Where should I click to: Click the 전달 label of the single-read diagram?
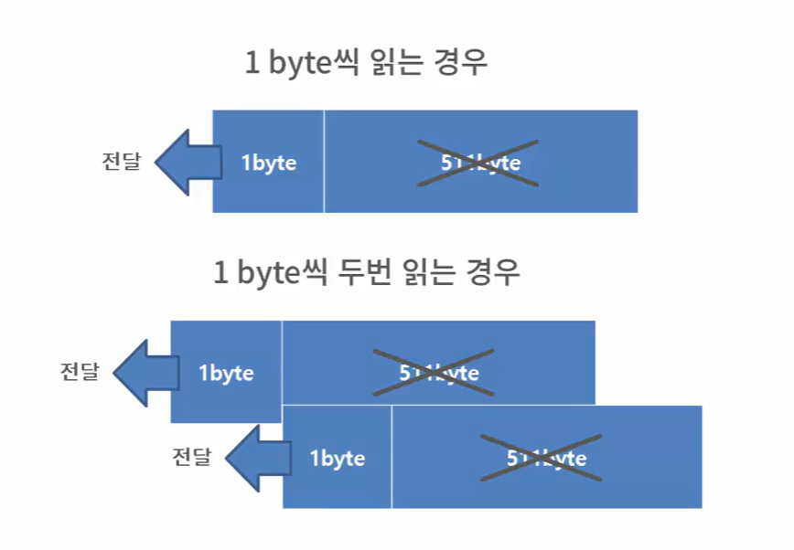[121, 162]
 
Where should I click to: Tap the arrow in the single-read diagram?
[187, 163]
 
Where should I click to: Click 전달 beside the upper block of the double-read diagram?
[80, 372]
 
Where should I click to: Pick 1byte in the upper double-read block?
[226, 373]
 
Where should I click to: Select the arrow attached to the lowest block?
[255, 457]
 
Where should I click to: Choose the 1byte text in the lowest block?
[338, 458]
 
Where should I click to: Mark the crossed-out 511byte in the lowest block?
[545, 458]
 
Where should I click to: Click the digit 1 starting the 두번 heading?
[220, 272]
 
